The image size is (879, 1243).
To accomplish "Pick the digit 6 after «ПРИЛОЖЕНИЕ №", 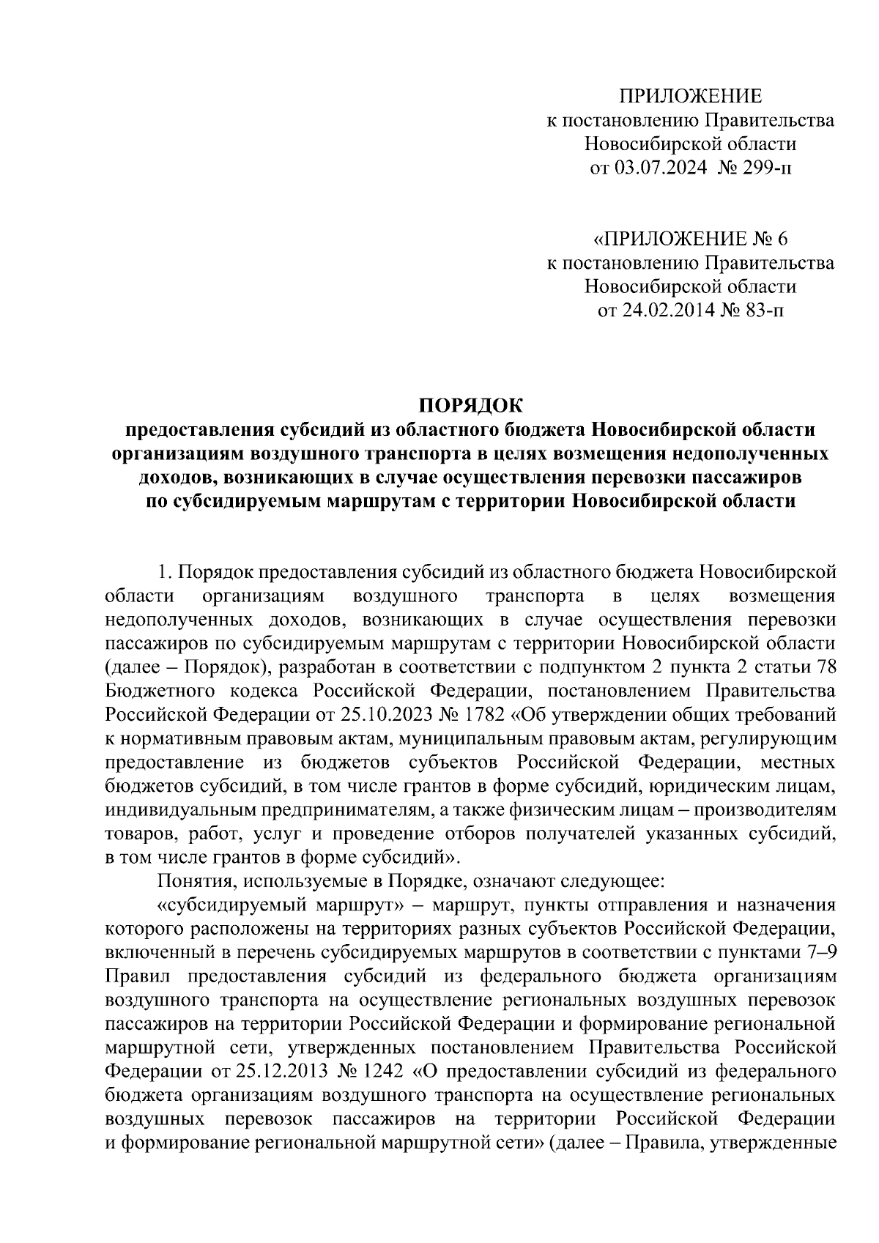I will [785, 240].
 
